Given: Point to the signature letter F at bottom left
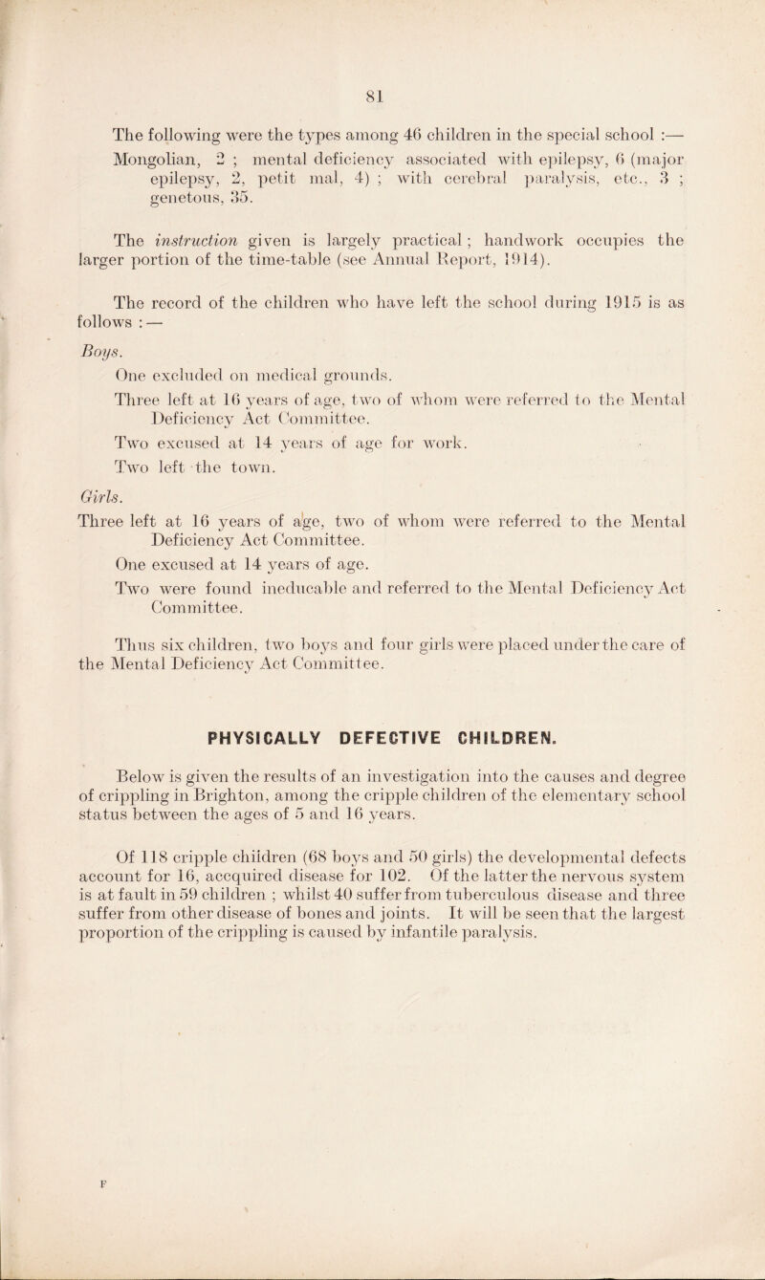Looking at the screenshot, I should click(x=81, y=1215).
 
